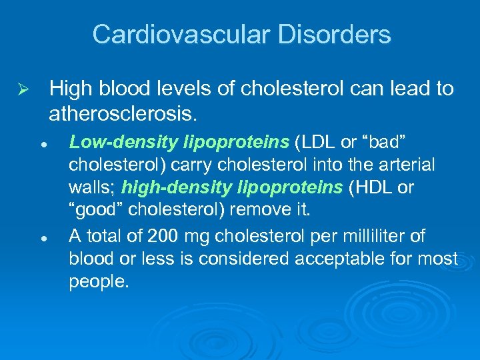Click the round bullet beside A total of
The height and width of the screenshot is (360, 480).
coord(41,237)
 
